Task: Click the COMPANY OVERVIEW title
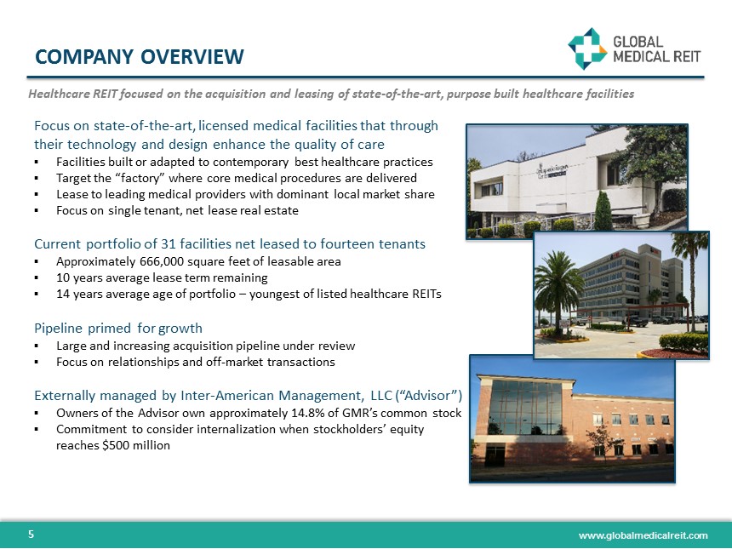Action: click(140, 57)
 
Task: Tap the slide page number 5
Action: click(31, 535)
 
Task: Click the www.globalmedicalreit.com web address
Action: click(643, 535)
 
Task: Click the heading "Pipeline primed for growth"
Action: click(118, 328)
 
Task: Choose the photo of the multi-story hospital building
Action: click(620, 294)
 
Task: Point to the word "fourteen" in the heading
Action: click(347, 244)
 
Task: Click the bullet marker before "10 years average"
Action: click(38, 278)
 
